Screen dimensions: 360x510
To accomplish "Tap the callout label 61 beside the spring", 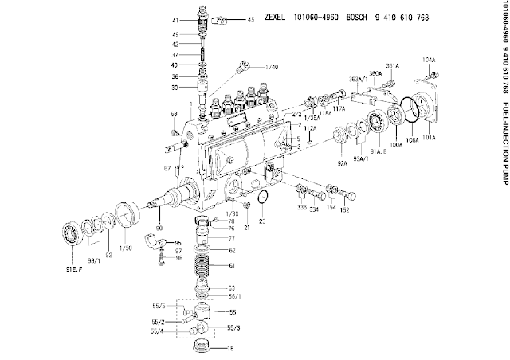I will (232, 265).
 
